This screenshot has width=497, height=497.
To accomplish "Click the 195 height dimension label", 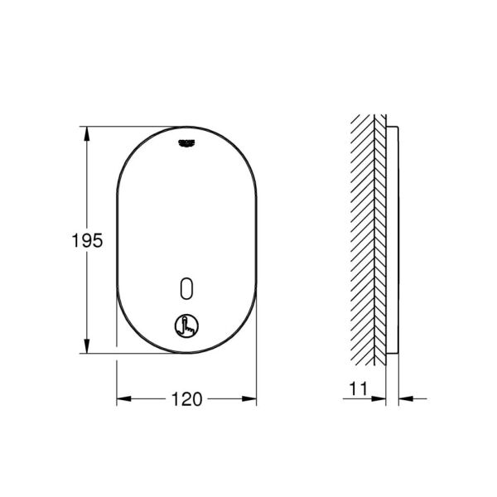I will coord(87,241).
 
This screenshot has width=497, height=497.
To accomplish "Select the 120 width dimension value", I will coord(187,399).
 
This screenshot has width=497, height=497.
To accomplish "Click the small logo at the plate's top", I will coord(186,143).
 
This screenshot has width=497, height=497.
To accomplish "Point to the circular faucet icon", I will coord(186,328).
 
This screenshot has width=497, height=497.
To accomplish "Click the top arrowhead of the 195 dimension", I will coord(87,133).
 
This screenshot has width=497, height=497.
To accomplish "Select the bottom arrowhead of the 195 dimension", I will coord(87,347).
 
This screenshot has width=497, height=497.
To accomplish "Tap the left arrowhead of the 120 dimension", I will coord(122,399).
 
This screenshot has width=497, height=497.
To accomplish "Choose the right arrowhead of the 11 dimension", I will coord(403,399).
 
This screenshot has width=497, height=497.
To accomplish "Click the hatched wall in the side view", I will coord(368,240).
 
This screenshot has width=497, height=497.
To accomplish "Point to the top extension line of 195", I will coord(124,127).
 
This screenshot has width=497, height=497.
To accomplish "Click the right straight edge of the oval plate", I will coord(256,240).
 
